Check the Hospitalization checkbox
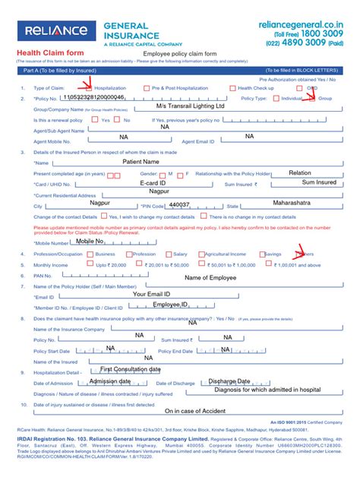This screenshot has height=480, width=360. tap(89, 88)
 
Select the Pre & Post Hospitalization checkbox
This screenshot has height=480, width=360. tap(147, 88)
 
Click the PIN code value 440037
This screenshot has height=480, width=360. tap(179, 205)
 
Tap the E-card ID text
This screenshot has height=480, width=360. tap(153, 183)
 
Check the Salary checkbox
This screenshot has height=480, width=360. tap(169, 254)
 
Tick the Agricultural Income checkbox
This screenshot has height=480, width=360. tap(201, 254)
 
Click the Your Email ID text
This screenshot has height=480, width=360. tap(152, 294)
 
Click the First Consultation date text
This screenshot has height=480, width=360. tap(131, 369)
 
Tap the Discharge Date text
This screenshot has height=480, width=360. tap(229, 381)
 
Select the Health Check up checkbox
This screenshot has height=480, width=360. tap(232, 88)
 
